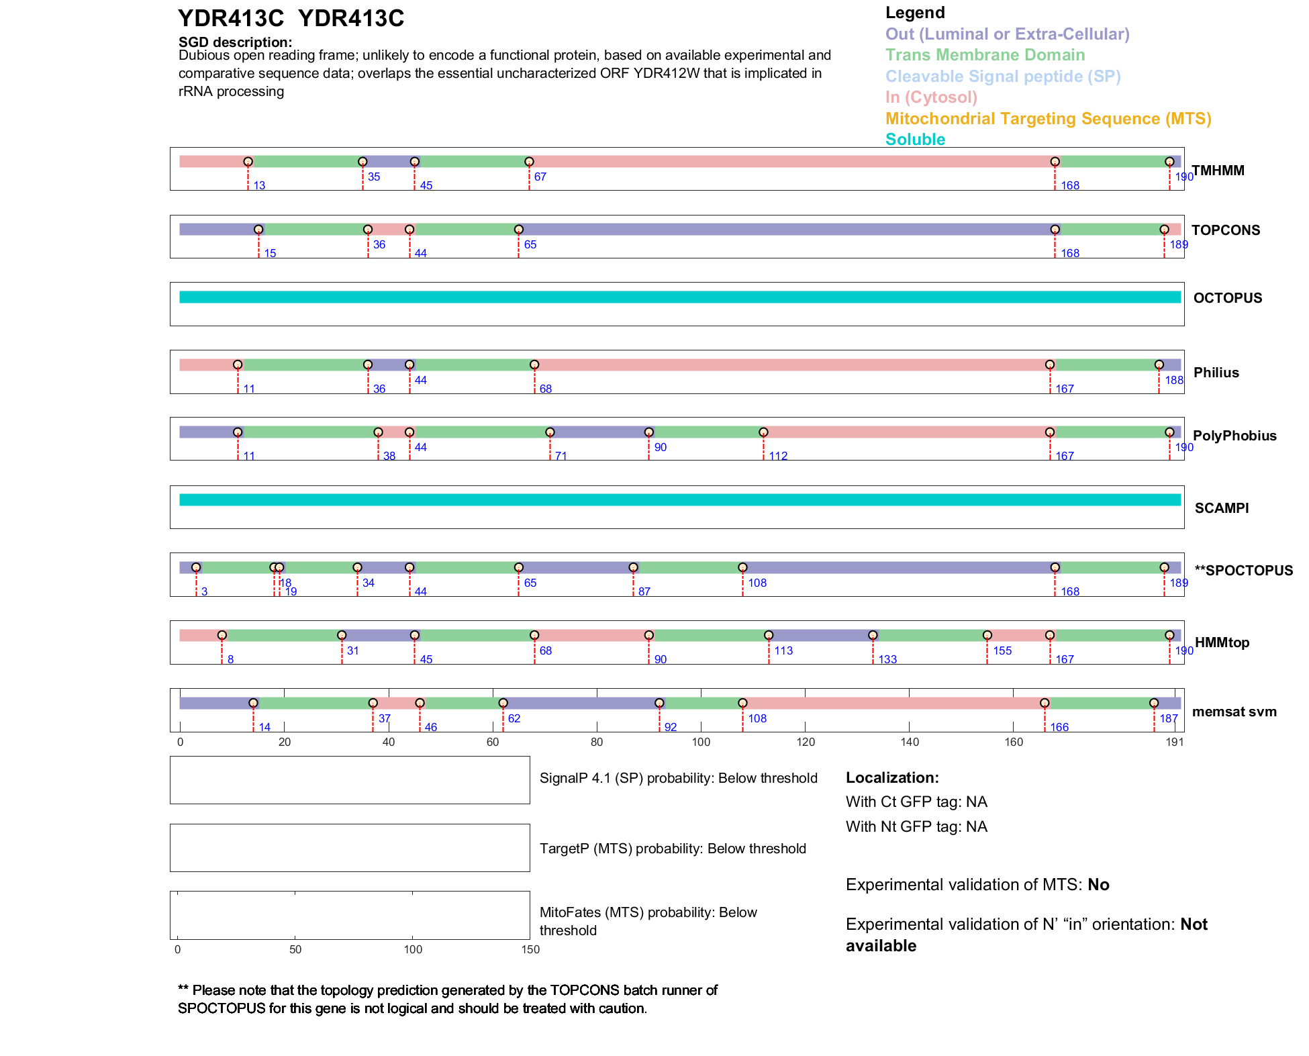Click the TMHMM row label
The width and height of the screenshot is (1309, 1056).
point(1218,171)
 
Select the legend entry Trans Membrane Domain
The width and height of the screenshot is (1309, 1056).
point(985,55)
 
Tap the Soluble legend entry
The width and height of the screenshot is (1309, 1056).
point(915,140)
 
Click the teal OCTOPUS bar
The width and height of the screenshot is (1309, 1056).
point(679,297)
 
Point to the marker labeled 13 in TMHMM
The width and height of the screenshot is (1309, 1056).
point(248,162)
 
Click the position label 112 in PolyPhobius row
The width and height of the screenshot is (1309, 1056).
point(778,457)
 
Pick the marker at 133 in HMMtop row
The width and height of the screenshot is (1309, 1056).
point(873,635)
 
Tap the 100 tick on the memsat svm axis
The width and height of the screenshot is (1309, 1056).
point(701,742)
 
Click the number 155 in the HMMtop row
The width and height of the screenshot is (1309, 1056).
point(1002,651)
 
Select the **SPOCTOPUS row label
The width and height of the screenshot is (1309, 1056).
point(1243,571)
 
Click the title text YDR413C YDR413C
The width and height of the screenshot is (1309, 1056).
point(291,19)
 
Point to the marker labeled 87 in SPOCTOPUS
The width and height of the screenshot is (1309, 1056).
point(633,568)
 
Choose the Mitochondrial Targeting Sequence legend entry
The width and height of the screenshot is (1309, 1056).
point(1048,119)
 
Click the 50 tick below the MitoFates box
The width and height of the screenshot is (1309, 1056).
point(295,949)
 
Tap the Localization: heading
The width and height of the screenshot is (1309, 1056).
point(892,778)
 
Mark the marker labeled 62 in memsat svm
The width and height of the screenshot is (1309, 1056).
point(503,703)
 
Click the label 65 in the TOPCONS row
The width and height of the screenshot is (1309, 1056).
point(530,245)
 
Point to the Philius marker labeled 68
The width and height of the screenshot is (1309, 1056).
point(534,365)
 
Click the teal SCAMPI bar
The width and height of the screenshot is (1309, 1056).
point(679,500)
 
